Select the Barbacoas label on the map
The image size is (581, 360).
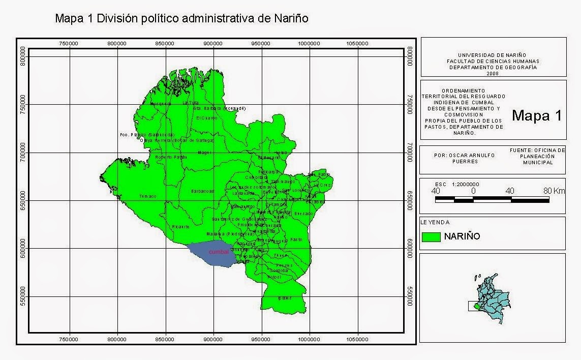202,191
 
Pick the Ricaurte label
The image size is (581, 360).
180,226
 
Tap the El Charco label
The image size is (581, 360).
206,118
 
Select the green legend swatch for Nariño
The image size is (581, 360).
431,236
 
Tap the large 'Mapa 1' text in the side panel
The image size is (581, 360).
536,115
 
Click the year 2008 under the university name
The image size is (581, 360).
492,73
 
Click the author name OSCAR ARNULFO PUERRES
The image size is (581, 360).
465,158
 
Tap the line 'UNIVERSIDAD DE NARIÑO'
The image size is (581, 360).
492,55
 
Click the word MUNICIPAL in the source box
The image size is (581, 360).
537,162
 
